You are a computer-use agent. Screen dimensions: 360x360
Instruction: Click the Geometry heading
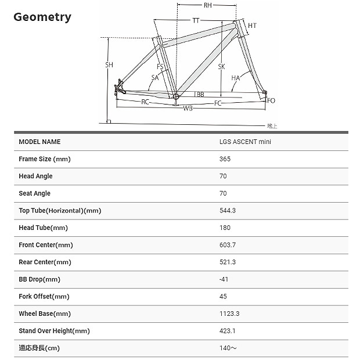tap(42, 16)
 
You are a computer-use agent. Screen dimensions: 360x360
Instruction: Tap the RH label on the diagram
tap(207, 6)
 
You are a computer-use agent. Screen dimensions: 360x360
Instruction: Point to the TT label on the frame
tap(196, 21)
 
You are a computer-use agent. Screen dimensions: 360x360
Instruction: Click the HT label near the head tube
tap(251, 26)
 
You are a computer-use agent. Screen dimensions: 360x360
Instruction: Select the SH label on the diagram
tap(109, 65)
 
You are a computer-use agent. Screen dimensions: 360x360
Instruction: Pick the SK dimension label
tap(221, 67)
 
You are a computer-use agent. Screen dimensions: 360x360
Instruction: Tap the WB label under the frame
tap(188, 108)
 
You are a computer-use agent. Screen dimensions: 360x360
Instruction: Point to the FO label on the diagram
tap(271, 100)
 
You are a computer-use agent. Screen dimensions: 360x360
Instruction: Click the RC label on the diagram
tap(146, 102)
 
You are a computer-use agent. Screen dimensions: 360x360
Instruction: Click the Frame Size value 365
tap(225, 159)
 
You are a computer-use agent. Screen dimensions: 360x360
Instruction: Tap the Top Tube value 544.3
tap(228, 211)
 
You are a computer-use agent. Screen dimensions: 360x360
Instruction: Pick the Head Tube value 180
tap(225, 228)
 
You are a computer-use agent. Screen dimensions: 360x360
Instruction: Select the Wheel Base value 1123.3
tap(229, 314)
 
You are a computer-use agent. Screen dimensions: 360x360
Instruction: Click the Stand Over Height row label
tap(54, 331)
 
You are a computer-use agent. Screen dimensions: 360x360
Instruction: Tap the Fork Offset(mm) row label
tap(44, 297)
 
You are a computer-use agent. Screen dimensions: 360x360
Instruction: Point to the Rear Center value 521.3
tap(228, 262)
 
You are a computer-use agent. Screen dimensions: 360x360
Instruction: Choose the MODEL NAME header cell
tap(39, 142)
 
